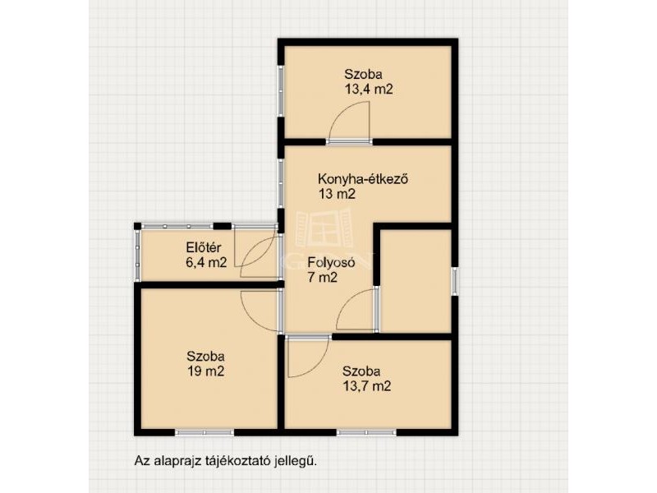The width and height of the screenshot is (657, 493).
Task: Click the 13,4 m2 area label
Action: [369, 90]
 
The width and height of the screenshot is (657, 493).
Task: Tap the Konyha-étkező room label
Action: [363, 179]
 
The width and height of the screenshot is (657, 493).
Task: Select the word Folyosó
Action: [332, 263]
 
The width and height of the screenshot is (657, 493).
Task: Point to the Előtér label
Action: [203, 248]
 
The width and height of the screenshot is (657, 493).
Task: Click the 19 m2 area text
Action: [206, 371]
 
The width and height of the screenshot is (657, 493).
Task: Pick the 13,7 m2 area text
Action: [367, 385]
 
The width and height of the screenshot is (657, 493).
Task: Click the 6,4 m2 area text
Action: [206, 262]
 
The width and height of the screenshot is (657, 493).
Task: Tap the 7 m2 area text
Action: [323, 278]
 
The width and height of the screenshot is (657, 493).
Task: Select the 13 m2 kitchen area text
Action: [337, 194]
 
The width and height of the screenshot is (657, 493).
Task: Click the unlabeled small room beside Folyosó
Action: [416, 280]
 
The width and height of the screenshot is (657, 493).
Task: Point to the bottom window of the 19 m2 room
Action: [204, 432]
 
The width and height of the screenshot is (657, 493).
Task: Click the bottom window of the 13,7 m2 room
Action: [366, 432]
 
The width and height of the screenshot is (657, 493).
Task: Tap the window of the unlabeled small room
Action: [455, 281]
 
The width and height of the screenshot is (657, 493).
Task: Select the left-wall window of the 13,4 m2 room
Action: [281, 90]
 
